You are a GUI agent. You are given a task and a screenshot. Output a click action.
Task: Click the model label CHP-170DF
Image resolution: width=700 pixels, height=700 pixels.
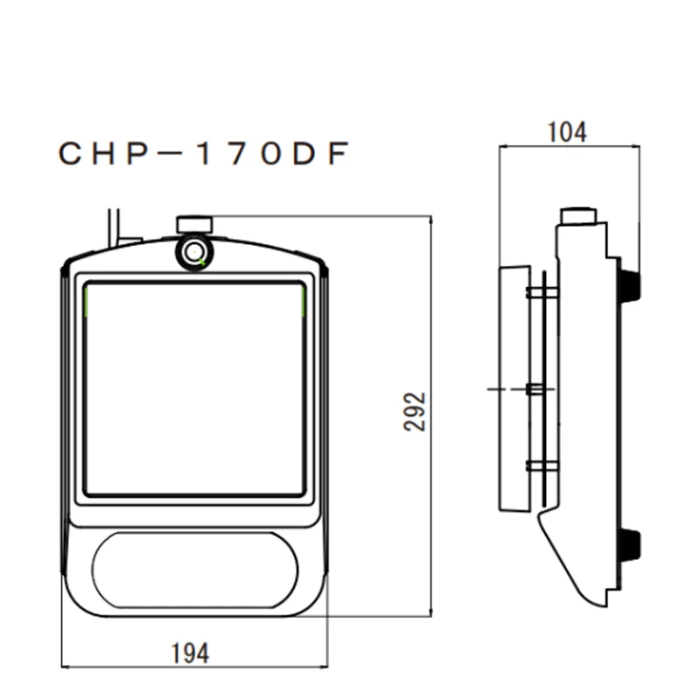[x=204, y=154]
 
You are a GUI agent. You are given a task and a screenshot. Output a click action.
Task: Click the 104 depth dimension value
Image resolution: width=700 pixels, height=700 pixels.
[x=567, y=132]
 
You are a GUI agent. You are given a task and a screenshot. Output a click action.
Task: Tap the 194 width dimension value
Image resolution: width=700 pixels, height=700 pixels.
[x=190, y=653]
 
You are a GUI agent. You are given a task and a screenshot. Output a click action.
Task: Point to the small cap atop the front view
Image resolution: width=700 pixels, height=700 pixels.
[x=194, y=224]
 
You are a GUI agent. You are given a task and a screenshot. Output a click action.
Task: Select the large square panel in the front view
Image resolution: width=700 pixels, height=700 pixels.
[x=194, y=389]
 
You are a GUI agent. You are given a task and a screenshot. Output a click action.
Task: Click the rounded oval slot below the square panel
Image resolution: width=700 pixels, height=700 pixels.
[x=194, y=570]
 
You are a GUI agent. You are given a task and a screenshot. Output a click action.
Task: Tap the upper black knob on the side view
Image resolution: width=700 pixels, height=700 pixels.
[x=628, y=285]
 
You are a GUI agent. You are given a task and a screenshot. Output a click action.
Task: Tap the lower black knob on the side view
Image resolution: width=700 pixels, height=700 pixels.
[x=628, y=544]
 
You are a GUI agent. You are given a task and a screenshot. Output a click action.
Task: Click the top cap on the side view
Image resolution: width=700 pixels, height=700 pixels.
[x=578, y=215]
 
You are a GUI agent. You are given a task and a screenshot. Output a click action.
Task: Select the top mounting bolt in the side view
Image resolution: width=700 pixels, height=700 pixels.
[x=542, y=291]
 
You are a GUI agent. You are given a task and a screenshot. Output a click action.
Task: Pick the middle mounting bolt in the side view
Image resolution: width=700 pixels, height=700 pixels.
[x=542, y=388]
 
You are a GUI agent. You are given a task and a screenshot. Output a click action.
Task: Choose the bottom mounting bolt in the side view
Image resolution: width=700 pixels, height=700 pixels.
[x=542, y=465]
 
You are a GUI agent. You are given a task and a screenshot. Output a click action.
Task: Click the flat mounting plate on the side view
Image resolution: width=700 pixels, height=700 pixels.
[x=514, y=388]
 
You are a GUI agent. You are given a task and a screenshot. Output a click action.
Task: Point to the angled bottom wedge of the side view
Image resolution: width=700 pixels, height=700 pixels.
[x=573, y=560]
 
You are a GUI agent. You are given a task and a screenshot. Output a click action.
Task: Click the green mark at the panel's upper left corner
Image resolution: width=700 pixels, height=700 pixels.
[x=87, y=302]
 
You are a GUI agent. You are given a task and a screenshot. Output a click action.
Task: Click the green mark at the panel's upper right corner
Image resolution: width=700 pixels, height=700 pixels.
[x=303, y=302]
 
